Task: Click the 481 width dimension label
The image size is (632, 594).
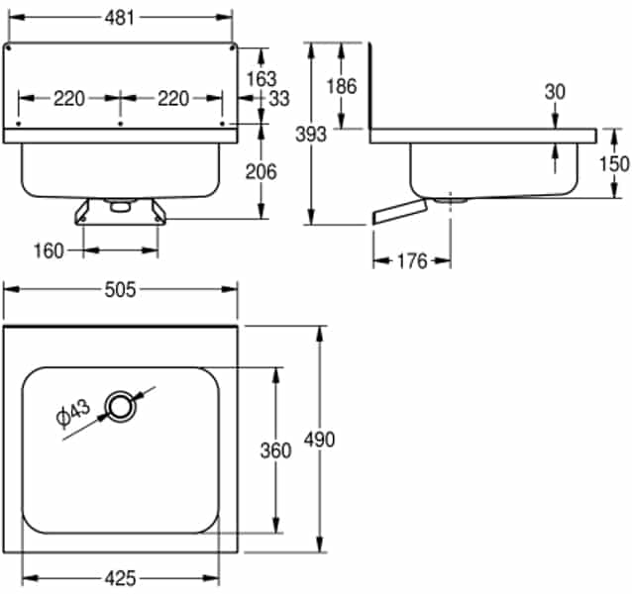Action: coord(120,18)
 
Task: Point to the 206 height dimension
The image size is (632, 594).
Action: coord(261,171)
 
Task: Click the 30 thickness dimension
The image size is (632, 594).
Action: coord(554,91)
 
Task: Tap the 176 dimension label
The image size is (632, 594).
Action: coord(411,261)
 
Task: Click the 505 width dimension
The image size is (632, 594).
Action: coord(120,289)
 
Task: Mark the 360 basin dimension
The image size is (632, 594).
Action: coord(274,450)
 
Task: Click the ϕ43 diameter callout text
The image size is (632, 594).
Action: coord(74,413)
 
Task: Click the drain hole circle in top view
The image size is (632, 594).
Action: coord(121,404)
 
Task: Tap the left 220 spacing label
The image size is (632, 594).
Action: coord(68,98)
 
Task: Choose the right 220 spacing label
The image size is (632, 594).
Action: coord(172,98)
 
